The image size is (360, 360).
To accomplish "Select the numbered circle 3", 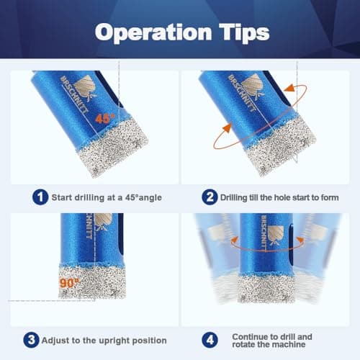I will pos(32,340).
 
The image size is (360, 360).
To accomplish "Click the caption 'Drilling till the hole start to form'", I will pos(276,195).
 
